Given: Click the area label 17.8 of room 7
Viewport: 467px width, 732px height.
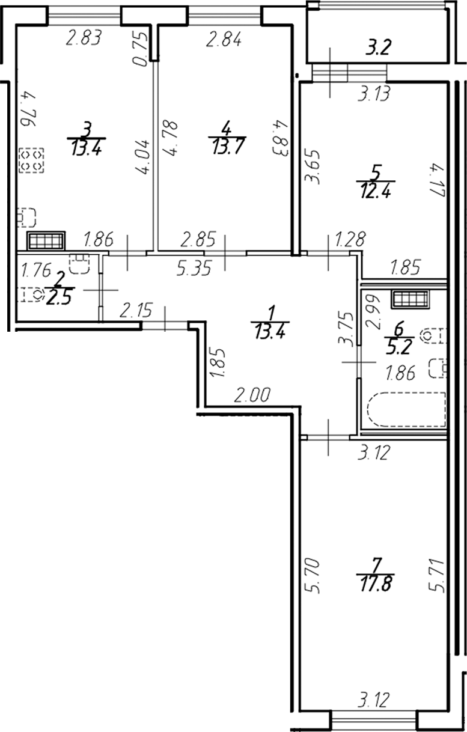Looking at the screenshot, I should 377,583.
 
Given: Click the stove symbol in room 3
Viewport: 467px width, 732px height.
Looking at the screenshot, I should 31,160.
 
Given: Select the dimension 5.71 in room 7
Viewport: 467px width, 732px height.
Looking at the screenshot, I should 438,576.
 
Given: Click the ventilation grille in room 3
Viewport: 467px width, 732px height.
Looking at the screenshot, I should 46,241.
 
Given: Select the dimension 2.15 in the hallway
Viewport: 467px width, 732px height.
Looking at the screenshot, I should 136,311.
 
